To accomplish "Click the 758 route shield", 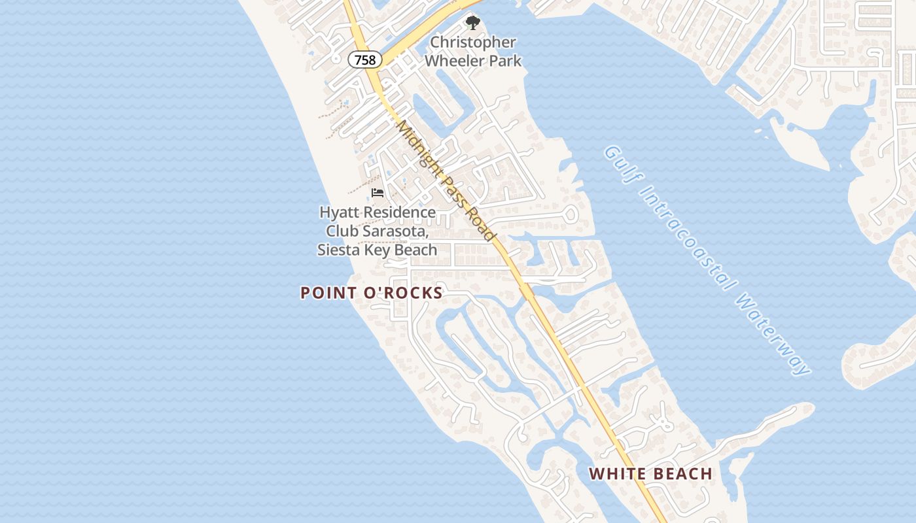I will tap(364, 60).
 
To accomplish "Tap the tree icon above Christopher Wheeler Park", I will tap(472, 24).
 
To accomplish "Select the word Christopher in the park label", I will tap(472, 42).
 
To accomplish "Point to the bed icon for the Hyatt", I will tap(377, 192).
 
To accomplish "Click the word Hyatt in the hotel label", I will tap(340, 212).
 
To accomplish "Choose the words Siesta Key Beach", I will tap(377, 250).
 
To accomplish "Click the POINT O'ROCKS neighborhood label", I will tap(372, 293).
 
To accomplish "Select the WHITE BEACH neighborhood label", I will tap(650, 474).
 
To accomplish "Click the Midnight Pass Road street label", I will tap(445, 180).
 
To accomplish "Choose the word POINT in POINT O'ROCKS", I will tap(325, 293).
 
